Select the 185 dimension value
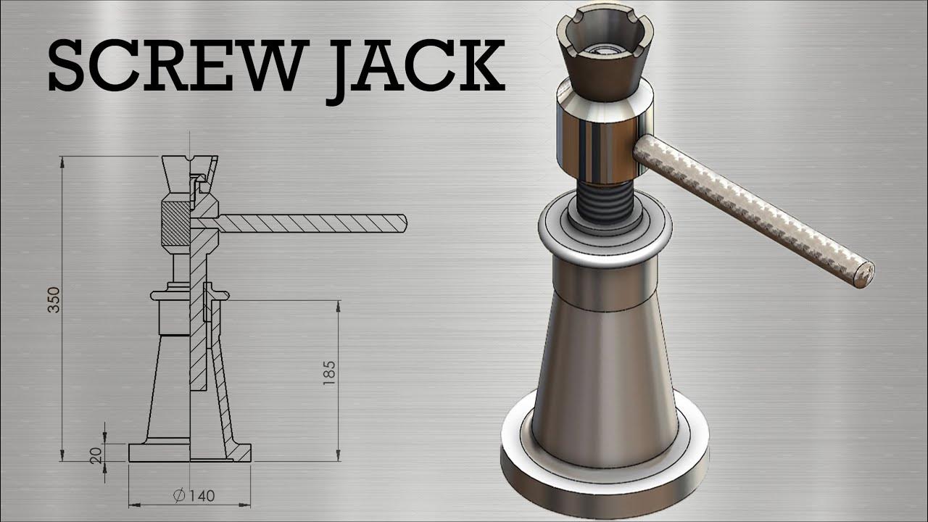tap(329, 373)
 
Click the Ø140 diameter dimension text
tap(194, 496)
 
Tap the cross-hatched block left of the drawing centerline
tap(174, 224)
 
